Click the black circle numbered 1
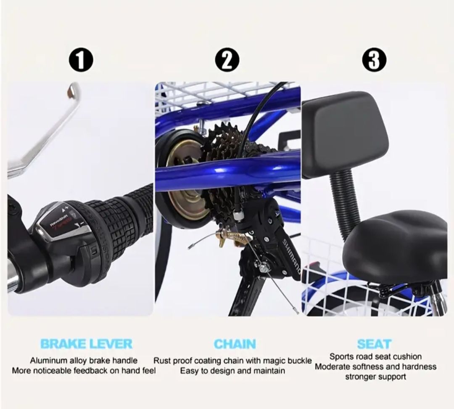81,60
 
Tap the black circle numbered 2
227,60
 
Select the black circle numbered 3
375,60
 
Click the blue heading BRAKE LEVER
86,344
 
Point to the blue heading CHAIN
235,344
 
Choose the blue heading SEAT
375,344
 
